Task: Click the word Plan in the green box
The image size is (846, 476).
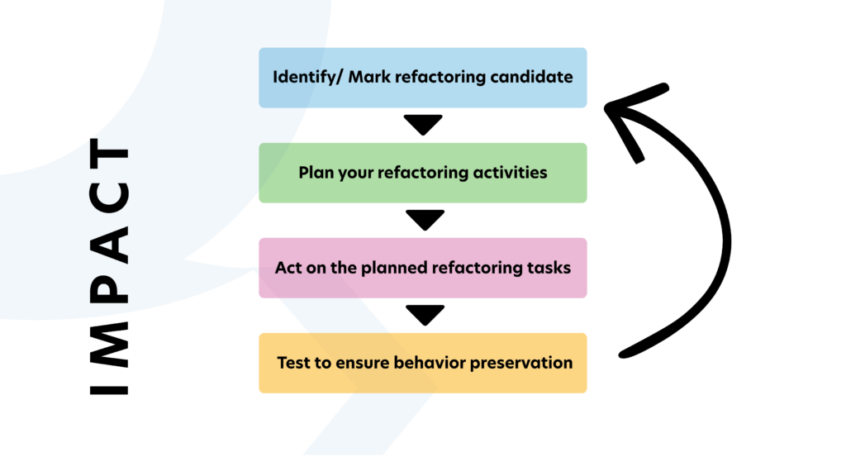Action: point(314,173)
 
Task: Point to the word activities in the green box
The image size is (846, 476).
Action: point(512,173)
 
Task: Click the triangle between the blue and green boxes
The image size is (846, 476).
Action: point(423,124)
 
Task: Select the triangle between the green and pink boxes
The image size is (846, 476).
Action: point(423,219)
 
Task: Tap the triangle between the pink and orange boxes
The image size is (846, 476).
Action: point(423,314)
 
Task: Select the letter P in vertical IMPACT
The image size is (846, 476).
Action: point(109,290)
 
